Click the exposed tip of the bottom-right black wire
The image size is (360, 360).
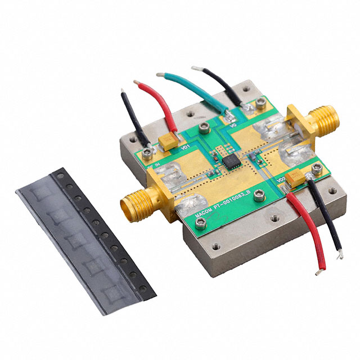[339, 256]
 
